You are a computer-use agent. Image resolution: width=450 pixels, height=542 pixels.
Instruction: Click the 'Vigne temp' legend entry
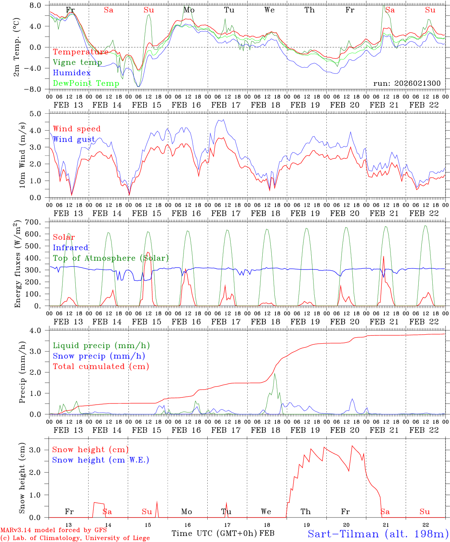click(x=77, y=62)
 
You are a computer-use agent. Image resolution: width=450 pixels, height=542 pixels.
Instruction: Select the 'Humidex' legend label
click(x=72, y=73)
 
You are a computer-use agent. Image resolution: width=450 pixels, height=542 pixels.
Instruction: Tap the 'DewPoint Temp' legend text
click(x=86, y=83)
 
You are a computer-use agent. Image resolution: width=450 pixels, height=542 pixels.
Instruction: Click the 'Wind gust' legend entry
click(x=74, y=139)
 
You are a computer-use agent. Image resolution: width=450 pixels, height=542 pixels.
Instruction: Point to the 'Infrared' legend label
click(x=70, y=248)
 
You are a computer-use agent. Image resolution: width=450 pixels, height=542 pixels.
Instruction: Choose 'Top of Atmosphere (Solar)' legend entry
click(x=111, y=258)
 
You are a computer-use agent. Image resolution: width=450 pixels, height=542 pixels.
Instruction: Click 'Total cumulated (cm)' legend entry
click(x=101, y=366)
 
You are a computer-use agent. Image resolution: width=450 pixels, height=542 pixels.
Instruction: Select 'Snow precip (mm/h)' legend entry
click(x=99, y=356)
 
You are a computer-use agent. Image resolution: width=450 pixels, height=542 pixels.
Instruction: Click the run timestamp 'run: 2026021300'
click(x=407, y=83)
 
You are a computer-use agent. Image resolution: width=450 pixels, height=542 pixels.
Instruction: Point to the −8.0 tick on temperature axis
click(x=38, y=89)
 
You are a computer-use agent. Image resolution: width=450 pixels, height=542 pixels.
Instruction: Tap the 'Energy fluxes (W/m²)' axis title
click(x=17, y=265)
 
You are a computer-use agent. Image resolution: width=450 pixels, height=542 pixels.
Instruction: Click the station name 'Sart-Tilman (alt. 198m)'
click(x=378, y=533)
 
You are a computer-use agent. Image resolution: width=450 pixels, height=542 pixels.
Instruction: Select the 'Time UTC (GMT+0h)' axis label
click(x=214, y=533)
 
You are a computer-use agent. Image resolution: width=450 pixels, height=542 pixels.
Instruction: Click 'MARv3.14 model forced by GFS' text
click(x=54, y=530)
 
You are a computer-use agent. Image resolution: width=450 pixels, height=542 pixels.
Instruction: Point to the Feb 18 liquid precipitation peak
click(x=274, y=373)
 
